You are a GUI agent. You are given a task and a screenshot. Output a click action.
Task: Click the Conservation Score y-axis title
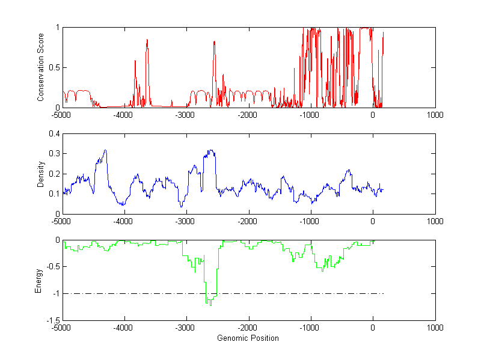click(40, 67)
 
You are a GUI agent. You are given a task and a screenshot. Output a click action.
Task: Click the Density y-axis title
click(40, 174)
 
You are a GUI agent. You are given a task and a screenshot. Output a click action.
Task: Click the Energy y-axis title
click(38, 280)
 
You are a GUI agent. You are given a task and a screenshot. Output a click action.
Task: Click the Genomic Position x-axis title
click(248, 338)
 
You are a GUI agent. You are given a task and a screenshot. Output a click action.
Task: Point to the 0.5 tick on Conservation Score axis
click(55, 67)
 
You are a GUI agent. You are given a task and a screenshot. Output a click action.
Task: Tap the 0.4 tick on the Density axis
click(55, 134)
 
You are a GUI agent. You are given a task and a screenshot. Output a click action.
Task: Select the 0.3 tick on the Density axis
click(55, 154)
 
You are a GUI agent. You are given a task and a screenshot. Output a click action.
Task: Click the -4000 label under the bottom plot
click(123, 328)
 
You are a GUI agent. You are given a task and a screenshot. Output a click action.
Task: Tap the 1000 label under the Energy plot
click(435, 328)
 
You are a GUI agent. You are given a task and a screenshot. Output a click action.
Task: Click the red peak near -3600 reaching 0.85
click(147, 40)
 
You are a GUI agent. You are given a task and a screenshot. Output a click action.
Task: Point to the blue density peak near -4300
click(105, 150)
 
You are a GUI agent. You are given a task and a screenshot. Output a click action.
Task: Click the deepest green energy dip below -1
click(210, 305)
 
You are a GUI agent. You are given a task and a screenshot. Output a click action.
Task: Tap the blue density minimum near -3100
click(182, 207)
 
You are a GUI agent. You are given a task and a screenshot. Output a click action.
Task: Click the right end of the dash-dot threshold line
click(383, 294)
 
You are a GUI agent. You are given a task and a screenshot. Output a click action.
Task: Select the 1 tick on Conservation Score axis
click(58, 28)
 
